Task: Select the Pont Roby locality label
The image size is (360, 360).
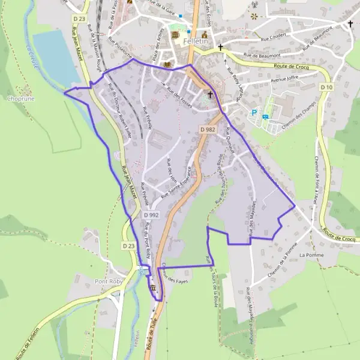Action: pos(108,281)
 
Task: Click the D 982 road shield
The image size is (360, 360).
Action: pos(208,130)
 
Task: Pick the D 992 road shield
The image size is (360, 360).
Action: pos(153,215)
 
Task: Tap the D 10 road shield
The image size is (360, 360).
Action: pos(326,88)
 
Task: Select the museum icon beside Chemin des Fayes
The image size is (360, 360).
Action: pos(154,289)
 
